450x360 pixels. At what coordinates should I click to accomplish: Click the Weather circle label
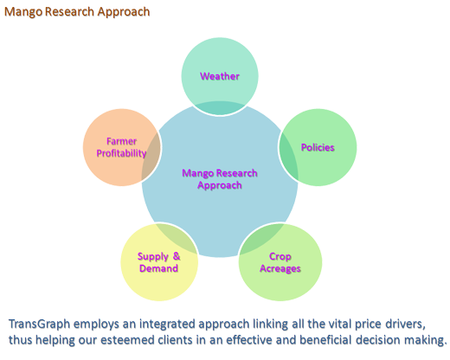tap(220, 76)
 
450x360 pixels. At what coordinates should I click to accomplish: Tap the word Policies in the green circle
tap(318, 147)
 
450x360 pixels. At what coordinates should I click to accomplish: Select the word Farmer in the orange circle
tap(121, 141)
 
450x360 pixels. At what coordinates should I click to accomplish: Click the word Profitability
tap(121, 153)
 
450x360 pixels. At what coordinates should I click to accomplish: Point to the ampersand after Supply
tap(177, 256)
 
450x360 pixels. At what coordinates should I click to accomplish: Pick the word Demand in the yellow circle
tap(158, 268)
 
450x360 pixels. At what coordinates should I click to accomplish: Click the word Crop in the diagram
tap(280, 256)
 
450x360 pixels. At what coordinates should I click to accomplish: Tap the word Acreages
tap(280, 268)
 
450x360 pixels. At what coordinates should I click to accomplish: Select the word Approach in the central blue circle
tap(220, 185)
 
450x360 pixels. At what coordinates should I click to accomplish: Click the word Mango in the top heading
tap(23, 12)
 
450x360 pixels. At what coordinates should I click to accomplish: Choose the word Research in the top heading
tap(70, 11)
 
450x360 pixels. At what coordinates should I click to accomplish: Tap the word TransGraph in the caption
tap(40, 324)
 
